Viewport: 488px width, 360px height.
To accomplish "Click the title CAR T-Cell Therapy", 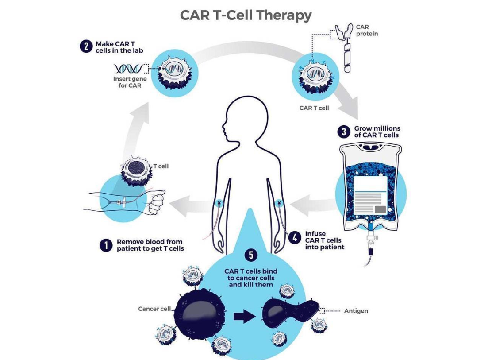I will coord(246,15).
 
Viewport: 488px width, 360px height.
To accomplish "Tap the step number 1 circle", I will coord(106,245).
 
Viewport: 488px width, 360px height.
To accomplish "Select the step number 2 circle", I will coord(85,46).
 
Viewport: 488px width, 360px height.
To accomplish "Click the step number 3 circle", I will coord(344,132).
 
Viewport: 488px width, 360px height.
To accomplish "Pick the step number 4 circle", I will coord(295,237).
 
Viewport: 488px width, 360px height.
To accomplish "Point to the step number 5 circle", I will coord(251,255).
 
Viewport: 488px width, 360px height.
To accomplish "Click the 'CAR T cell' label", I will coord(314,108).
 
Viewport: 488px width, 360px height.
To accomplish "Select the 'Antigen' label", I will coord(356,311).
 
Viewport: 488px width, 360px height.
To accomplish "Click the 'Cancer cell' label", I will coord(154,309).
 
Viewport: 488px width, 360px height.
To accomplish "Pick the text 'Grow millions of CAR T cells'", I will coord(377,132).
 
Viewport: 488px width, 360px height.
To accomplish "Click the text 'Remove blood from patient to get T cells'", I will coord(150,245).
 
